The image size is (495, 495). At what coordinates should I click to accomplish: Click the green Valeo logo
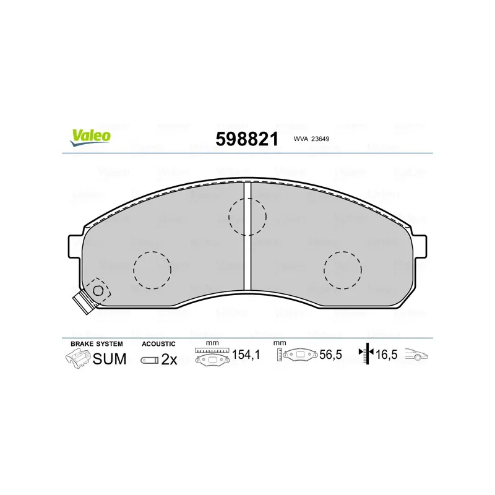pyautogui.click(x=90, y=137)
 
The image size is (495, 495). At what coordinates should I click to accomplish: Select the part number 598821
pyautogui.click(x=247, y=139)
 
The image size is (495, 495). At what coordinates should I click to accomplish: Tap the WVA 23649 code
pyautogui.click(x=311, y=139)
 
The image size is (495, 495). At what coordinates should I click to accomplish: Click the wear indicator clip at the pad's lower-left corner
pyautogui.click(x=92, y=296)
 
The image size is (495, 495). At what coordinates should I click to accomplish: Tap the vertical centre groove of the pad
pyautogui.click(x=247, y=236)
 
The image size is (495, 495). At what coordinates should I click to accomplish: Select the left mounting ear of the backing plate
pyautogui.click(x=75, y=246)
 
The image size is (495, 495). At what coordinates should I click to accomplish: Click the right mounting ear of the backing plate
pyautogui.click(x=420, y=246)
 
